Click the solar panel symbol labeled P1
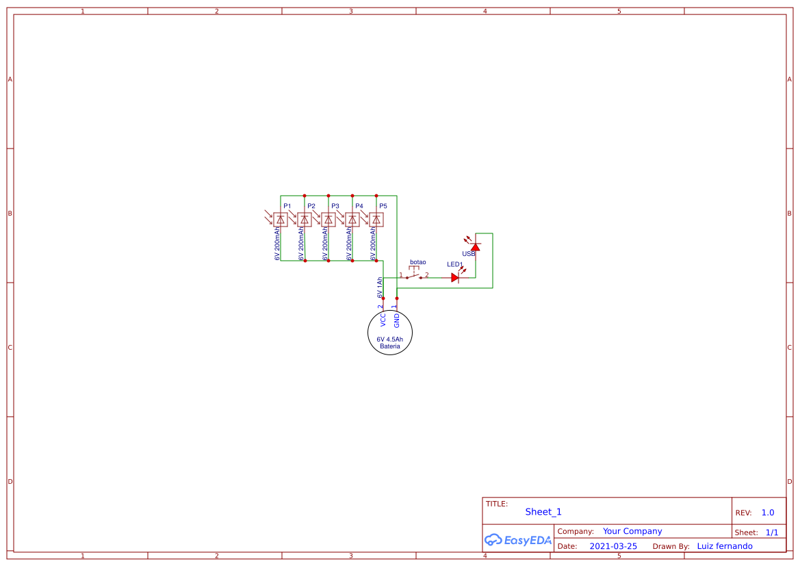click(281, 220)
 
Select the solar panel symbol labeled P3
click(328, 220)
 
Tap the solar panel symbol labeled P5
click(376, 220)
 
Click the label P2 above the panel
click(311, 206)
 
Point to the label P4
click(359, 206)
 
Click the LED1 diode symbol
click(455, 277)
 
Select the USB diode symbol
click(475, 246)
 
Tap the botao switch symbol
click(414, 276)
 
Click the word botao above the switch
click(417, 262)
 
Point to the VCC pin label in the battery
click(383, 320)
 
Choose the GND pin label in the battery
click(397, 320)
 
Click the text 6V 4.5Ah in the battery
click(390, 339)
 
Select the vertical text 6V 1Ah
click(379, 287)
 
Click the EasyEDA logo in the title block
click(517, 540)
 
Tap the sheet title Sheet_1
click(543, 512)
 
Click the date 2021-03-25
click(613, 546)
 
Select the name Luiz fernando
click(725, 546)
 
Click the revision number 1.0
click(768, 513)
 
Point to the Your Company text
click(632, 531)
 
